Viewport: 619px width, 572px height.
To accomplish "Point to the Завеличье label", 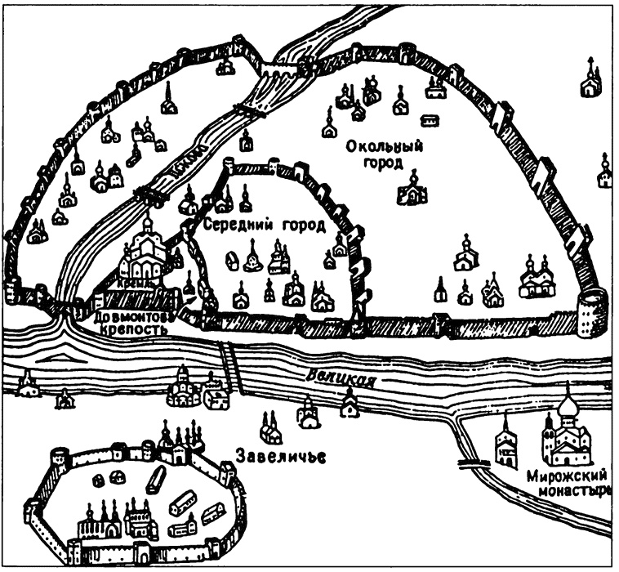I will click(280, 454).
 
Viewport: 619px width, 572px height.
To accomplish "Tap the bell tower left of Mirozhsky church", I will click(507, 442).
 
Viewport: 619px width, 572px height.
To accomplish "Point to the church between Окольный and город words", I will click(412, 188).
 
